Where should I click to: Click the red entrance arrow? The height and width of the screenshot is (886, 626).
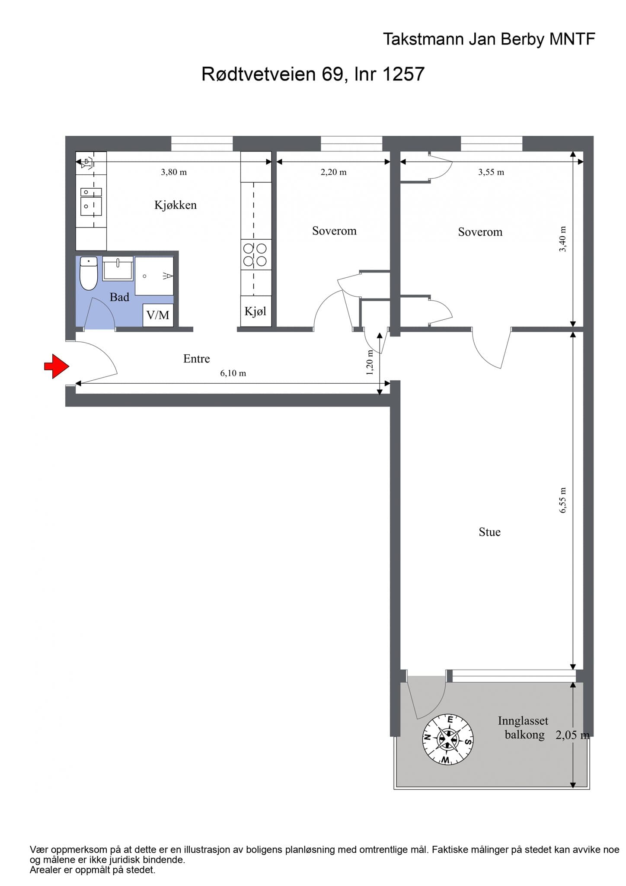[x=57, y=366]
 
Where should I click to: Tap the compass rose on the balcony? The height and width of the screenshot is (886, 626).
[x=447, y=739]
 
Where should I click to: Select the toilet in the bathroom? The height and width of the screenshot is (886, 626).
[x=89, y=273]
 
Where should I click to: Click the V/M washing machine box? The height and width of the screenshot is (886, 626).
[x=158, y=315]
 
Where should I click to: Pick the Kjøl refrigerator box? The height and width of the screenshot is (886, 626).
[x=256, y=311]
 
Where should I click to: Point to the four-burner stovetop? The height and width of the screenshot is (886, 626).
[x=256, y=255]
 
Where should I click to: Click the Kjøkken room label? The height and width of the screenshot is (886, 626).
[x=176, y=205]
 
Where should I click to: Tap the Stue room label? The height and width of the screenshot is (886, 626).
[x=489, y=532]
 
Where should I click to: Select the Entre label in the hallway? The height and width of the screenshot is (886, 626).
[x=197, y=358]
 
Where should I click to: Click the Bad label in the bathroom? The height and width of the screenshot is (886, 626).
[x=119, y=297]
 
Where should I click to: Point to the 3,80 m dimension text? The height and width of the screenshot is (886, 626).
[x=174, y=172]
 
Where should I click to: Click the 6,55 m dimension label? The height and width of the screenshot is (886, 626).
[x=562, y=501]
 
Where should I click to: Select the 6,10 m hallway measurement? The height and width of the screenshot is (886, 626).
[x=233, y=373]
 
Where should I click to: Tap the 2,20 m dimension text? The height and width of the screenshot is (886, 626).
[x=333, y=172]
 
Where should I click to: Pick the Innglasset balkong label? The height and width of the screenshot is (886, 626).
[x=523, y=728]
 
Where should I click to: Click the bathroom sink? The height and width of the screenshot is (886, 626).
[x=118, y=269]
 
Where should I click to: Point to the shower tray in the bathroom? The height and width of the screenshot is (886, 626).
[x=154, y=276]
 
